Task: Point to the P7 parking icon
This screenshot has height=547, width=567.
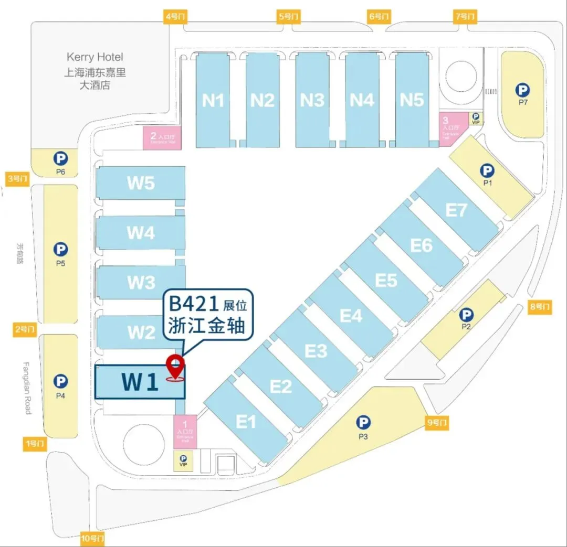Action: (x=522, y=90)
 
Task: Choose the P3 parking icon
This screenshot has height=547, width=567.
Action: (x=363, y=422)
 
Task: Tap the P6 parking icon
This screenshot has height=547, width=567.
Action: (x=60, y=157)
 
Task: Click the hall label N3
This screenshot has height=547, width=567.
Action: (x=312, y=100)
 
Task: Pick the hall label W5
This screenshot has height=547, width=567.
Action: (x=141, y=183)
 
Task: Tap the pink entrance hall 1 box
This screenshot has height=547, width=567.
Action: (x=185, y=431)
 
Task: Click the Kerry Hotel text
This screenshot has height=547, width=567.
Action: (x=95, y=57)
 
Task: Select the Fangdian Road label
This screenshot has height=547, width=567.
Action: (x=28, y=388)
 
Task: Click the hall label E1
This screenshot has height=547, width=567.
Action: (x=245, y=421)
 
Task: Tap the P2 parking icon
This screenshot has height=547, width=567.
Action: (x=466, y=315)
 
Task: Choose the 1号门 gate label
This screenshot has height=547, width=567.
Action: (x=36, y=444)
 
